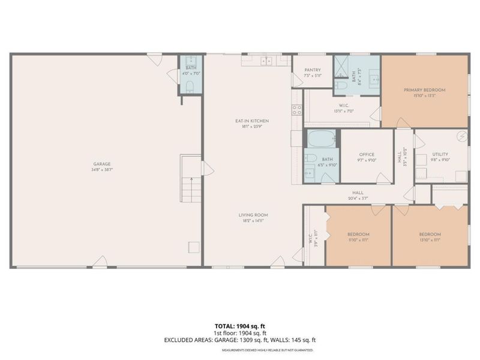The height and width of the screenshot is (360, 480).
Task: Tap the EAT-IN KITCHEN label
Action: (x=252, y=121)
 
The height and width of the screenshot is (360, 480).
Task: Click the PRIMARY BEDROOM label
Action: (x=424, y=90)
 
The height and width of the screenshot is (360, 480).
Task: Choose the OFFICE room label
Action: (x=367, y=154)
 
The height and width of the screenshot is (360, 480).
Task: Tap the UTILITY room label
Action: (x=440, y=154)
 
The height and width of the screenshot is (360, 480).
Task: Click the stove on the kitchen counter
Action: (x=296, y=110)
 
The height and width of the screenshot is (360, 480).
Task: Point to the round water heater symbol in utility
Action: (x=462, y=136)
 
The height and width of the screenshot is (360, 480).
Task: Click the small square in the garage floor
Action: (x=193, y=247)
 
